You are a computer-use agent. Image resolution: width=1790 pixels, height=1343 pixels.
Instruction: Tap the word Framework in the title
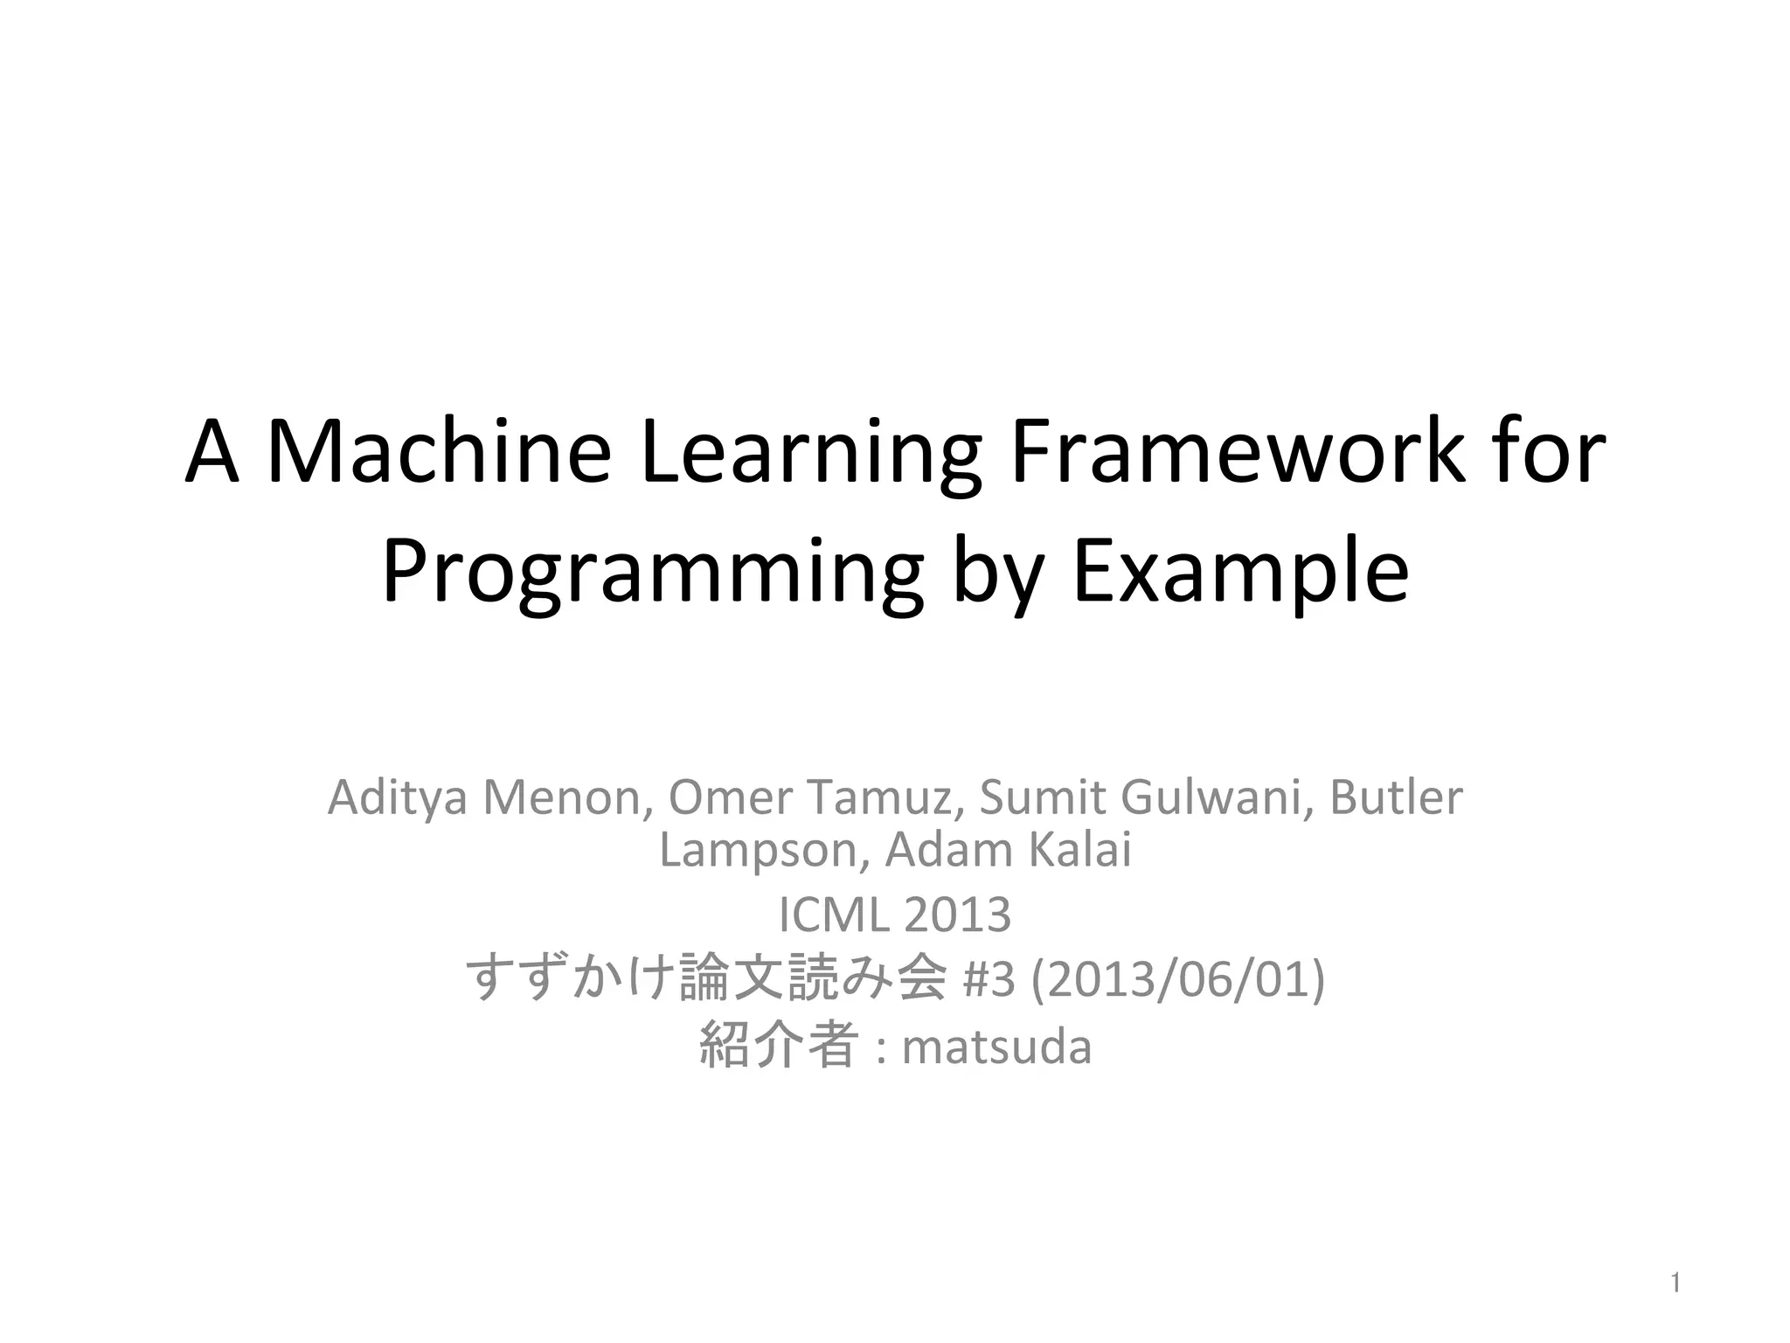(1237, 453)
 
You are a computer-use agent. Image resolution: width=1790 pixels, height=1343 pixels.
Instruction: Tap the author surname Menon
(568, 797)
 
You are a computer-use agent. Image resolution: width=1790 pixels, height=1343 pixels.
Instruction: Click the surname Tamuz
(885, 797)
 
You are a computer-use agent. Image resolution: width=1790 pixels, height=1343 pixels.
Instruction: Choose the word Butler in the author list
(1396, 797)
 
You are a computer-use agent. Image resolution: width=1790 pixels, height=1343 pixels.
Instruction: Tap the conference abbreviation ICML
(832, 915)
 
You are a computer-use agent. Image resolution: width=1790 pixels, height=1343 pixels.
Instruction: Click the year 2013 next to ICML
(958, 915)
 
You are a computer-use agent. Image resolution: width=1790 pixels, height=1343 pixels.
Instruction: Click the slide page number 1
(1676, 1284)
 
